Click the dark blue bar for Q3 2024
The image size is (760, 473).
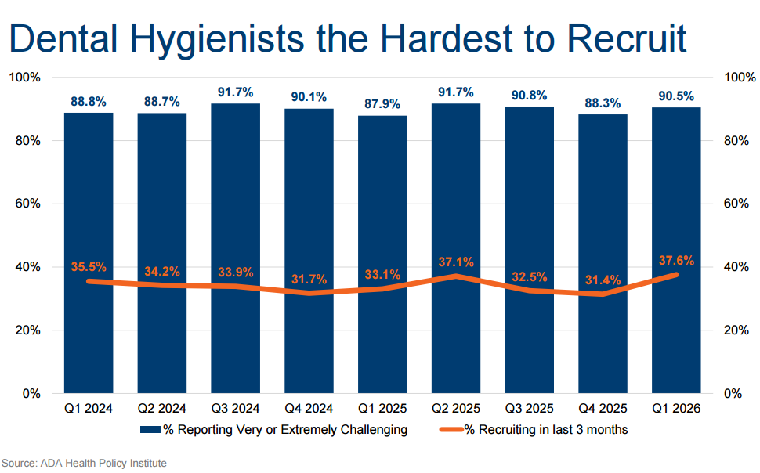click(x=236, y=248)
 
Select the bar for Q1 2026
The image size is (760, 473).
click(x=676, y=250)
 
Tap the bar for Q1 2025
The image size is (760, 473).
click(x=382, y=255)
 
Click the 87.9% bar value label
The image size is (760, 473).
click(x=382, y=103)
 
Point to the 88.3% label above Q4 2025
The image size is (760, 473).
click(x=603, y=103)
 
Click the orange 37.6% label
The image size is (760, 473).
click(x=676, y=260)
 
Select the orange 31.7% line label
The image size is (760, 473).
click(x=309, y=279)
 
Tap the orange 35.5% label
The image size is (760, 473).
click(x=89, y=266)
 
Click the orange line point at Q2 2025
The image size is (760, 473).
click(x=456, y=276)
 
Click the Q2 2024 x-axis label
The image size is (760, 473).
click(x=162, y=409)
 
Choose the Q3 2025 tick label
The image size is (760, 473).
click(x=530, y=409)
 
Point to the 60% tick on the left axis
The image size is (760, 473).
click(x=27, y=204)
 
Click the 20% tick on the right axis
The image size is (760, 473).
click(x=736, y=330)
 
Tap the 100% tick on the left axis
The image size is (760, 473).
click(x=25, y=77)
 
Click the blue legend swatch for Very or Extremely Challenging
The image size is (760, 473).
click(x=150, y=429)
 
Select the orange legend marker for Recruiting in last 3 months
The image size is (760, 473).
click(x=451, y=429)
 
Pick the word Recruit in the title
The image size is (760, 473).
click(x=627, y=38)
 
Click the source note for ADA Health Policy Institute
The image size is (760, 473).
click(x=85, y=464)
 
